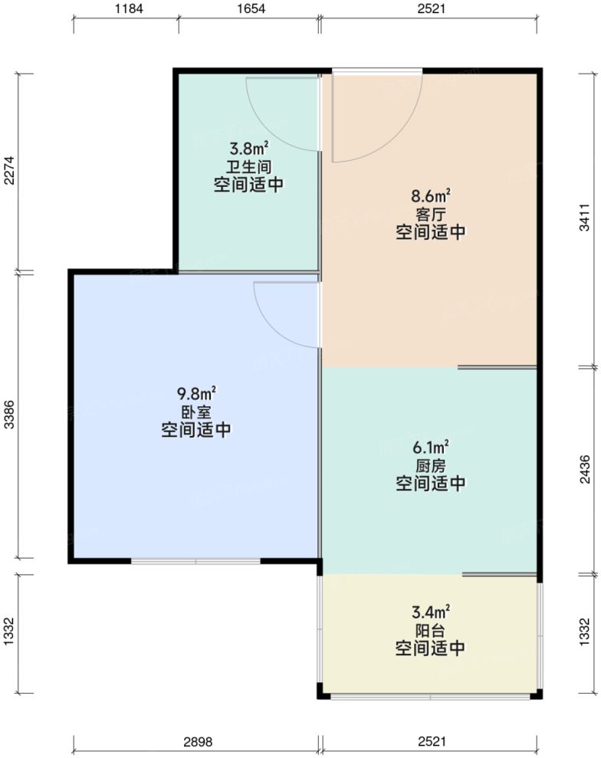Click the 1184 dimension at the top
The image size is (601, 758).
(126, 9)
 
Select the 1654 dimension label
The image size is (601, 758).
(249, 9)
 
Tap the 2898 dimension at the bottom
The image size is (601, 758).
(197, 742)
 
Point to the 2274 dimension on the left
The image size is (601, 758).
(10, 172)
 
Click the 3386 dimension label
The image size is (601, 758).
(10, 415)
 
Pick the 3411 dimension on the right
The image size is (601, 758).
(586, 219)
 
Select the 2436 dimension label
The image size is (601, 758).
(586, 469)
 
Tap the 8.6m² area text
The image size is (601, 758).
(431, 196)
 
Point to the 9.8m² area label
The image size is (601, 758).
(196, 394)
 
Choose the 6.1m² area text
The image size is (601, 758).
(431, 447)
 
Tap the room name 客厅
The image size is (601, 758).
(431, 214)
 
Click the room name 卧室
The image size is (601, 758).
(196, 412)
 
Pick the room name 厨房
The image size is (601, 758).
(431, 465)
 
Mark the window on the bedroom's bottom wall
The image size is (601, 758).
(196, 561)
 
